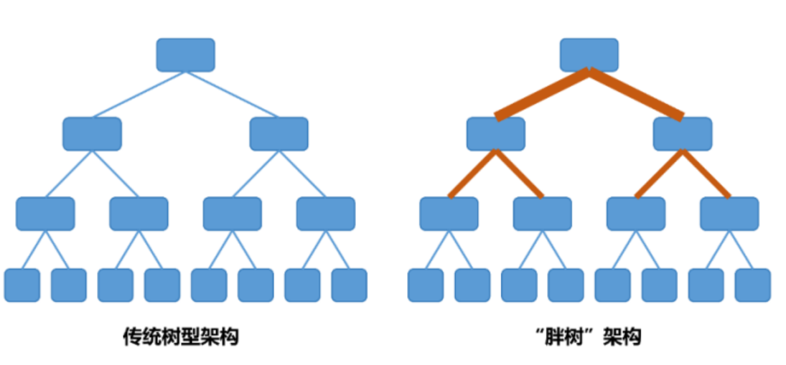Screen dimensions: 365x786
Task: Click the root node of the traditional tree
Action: pyautogui.click(x=185, y=55)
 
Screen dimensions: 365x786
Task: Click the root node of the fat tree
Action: pyautogui.click(x=589, y=55)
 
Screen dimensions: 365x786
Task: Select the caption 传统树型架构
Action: pyautogui.click(x=180, y=336)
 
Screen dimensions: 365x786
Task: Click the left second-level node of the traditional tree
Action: pyautogui.click(x=92, y=134)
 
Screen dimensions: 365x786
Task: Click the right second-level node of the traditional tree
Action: pyautogui.click(x=279, y=134)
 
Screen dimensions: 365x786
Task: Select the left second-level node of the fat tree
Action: pyautogui.click(x=495, y=134)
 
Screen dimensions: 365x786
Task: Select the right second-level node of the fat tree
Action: pyautogui.click(x=682, y=134)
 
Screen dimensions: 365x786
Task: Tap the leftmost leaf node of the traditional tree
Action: pyautogui.click(x=22, y=285)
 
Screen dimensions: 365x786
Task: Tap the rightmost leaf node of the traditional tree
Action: pyautogui.click(x=349, y=285)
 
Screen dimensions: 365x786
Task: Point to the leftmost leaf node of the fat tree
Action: pyautogui.click(x=426, y=285)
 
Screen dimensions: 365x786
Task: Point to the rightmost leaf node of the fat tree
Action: pyautogui.click(x=752, y=285)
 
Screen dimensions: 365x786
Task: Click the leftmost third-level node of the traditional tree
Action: pyautogui.click(x=45, y=214)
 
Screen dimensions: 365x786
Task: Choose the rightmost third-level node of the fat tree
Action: pyautogui.click(x=729, y=214)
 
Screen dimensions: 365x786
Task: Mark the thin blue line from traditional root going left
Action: pyautogui.click(x=139, y=94)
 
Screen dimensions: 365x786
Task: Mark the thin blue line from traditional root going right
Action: pyautogui.click(x=232, y=94)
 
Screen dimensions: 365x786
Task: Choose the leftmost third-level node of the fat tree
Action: pyautogui.click(x=449, y=214)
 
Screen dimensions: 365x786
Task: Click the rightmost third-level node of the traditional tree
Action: pyautogui.click(x=325, y=214)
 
